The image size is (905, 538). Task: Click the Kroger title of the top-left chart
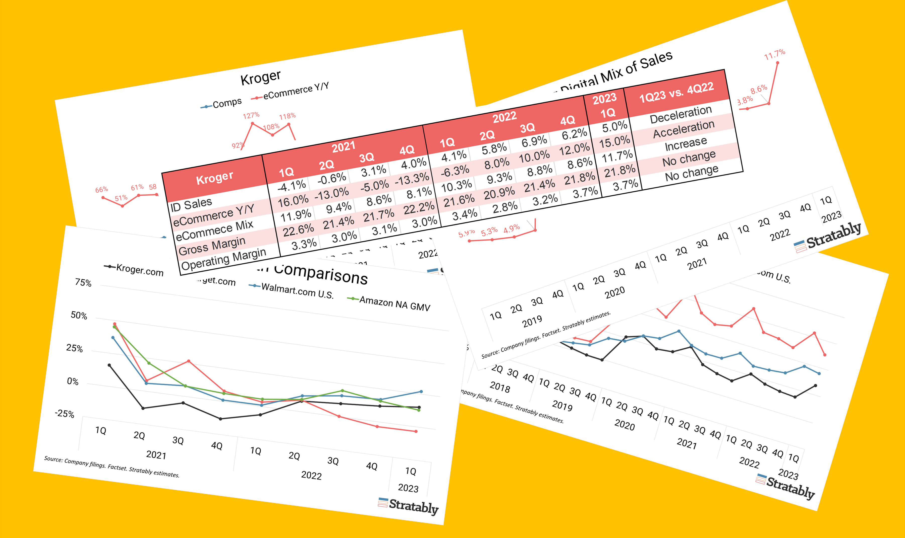tap(261, 77)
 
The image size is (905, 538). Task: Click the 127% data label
tap(251, 116)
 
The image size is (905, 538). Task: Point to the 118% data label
tap(287, 116)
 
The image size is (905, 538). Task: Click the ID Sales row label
tap(191, 205)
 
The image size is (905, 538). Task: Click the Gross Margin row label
tap(212, 246)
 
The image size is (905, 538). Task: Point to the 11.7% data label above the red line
tap(774, 55)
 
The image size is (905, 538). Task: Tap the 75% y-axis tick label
tap(83, 283)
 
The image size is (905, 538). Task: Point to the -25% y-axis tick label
tap(65, 414)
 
